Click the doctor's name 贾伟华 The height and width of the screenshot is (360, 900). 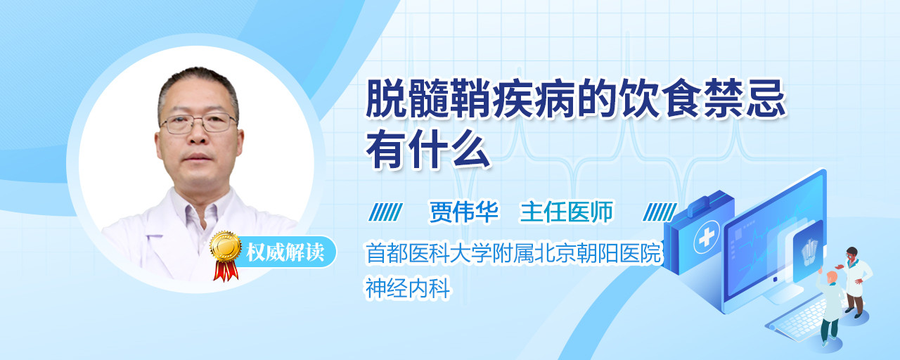click(463, 212)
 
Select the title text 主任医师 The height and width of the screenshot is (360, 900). click(567, 212)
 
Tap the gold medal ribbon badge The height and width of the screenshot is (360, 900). click(226, 255)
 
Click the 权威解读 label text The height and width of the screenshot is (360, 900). click(285, 252)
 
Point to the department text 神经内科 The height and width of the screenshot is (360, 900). click(408, 288)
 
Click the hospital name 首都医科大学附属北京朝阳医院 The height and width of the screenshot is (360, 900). click(513, 253)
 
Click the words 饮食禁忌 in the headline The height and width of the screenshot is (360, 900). click(702, 99)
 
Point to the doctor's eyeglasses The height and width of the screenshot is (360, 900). click(199, 123)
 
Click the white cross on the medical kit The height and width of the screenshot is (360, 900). click(706, 238)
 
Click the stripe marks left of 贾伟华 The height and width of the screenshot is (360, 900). click(385, 212)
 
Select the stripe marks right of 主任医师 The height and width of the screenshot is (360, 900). click(660, 212)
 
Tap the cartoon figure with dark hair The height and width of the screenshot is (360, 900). click(855, 282)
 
